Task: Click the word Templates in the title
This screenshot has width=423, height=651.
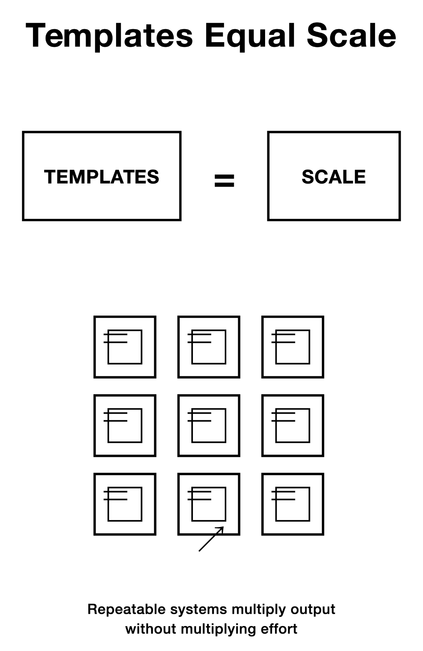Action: (109, 36)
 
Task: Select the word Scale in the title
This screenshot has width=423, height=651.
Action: (351, 36)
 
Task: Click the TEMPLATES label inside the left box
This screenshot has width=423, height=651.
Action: (101, 177)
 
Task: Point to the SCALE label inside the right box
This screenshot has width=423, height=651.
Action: (333, 177)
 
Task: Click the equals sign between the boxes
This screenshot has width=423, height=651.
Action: (224, 180)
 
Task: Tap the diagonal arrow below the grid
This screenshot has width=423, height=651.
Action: (211, 539)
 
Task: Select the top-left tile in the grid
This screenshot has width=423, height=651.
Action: (125, 347)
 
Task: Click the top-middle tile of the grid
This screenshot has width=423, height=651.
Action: (209, 347)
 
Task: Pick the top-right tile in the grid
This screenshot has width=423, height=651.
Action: (292, 347)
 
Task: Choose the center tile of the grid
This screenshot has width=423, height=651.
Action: (209, 425)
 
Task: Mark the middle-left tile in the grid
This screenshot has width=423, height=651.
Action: (125, 425)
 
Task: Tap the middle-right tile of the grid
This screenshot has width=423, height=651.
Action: (292, 425)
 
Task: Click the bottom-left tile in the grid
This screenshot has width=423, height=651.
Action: (125, 504)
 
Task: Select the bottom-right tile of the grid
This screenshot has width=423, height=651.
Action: (292, 504)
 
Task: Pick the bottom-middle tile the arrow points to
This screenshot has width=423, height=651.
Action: (209, 504)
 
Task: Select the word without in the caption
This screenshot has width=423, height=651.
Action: (151, 629)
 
